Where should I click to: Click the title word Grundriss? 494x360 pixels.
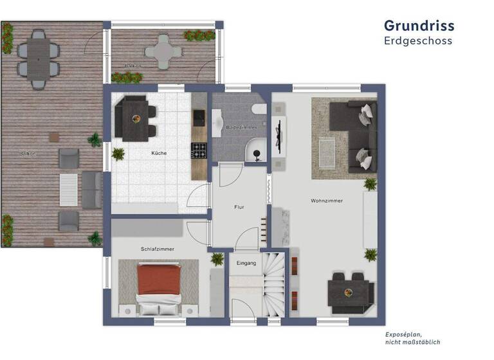[x=419, y=26]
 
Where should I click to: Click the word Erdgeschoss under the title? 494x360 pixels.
[x=418, y=41]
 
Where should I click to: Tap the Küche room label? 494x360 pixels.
[x=159, y=153]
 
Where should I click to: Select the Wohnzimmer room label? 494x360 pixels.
[x=326, y=201]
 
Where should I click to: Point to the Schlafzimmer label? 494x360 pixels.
[x=158, y=249]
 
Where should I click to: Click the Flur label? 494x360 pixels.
[x=239, y=207]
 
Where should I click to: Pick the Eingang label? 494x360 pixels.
[x=246, y=263]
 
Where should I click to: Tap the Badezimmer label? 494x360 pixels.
[x=241, y=128]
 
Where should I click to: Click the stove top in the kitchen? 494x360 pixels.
[x=198, y=150]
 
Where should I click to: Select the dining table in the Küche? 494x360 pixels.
[x=136, y=117]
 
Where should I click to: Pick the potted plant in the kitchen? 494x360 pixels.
[x=118, y=154]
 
